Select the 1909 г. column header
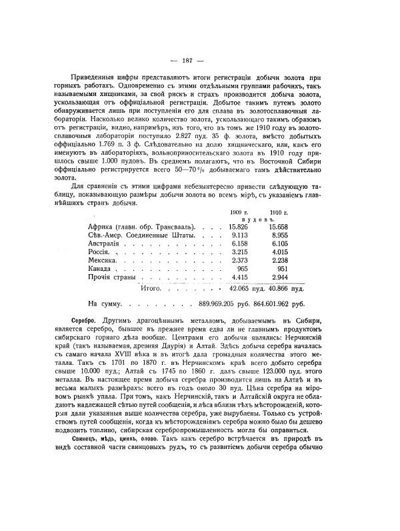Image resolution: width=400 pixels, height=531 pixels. click(x=239, y=211)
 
